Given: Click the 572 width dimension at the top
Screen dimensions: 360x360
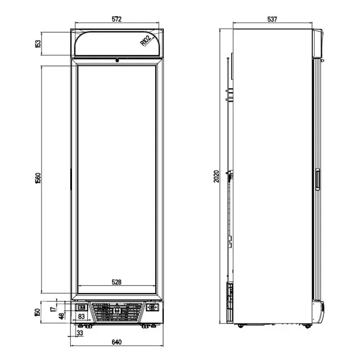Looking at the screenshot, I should [x=116, y=19].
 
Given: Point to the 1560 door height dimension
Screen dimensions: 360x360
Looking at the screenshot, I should [x=38, y=178].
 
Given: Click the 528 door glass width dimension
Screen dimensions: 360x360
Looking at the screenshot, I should [x=116, y=282].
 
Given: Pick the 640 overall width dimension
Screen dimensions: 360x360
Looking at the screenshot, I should [x=116, y=341].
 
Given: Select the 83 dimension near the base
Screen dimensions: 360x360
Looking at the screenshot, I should [x=82, y=317].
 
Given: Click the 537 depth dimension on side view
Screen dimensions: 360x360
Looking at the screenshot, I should [x=272, y=19].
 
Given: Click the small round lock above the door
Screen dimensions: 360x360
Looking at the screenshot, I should [x=116, y=60].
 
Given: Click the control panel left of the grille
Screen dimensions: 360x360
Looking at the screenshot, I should [x=81, y=307].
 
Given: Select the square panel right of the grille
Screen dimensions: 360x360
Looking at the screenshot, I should [x=151, y=308].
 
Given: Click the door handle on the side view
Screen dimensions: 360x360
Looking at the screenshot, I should [x=317, y=179].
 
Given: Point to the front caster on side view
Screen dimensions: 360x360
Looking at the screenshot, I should [x=308, y=325].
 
